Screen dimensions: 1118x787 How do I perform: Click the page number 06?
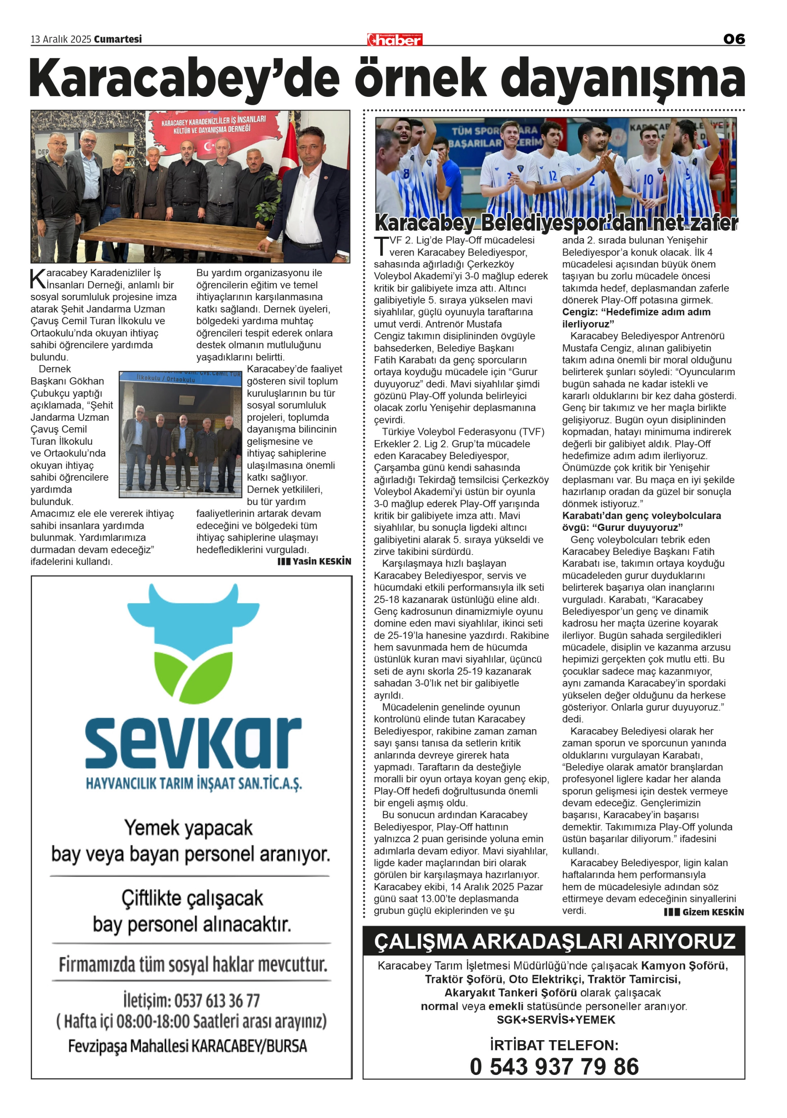734,39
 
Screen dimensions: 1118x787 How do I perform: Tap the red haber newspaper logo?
394,39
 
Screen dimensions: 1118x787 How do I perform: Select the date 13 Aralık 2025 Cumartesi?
86,39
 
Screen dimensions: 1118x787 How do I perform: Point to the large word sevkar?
193,743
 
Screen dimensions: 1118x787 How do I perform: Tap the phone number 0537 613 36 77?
191,1001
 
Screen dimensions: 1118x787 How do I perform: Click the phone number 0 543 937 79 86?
554,1067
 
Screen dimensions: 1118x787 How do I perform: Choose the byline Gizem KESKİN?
704,912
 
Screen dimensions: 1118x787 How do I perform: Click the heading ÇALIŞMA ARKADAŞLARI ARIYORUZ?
554,941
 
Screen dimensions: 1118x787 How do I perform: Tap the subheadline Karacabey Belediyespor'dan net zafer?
556,223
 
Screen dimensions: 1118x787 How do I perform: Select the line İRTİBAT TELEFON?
554,1046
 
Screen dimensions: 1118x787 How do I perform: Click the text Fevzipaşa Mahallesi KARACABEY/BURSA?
188,1046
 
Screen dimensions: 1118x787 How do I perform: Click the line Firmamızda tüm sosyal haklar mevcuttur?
192,965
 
